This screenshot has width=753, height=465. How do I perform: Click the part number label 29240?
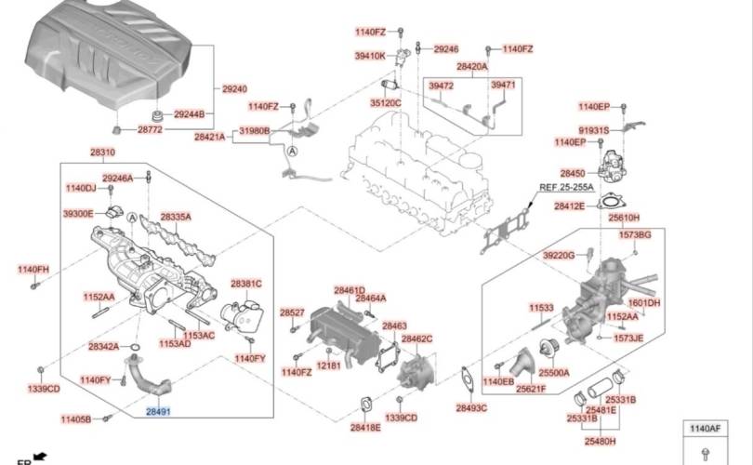[x=235, y=89]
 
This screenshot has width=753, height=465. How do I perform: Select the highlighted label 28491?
[x=158, y=408]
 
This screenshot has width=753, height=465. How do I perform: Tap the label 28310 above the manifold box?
[x=103, y=153]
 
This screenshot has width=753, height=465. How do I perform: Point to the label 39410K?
[x=370, y=56]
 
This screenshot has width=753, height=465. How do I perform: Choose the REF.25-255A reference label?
[x=566, y=187]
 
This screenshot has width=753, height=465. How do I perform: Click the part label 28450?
[x=573, y=174]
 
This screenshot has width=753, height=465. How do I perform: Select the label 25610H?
[x=624, y=218]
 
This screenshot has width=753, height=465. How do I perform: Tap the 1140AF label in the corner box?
[x=705, y=429]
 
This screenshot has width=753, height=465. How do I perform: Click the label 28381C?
[x=246, y=283]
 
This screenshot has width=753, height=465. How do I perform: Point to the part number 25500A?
[x=554, y=372]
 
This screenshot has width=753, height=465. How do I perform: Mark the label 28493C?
[x=471, y=407]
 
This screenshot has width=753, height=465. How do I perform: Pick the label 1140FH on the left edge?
[x=33, y=270]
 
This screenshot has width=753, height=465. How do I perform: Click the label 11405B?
[x=77, y=420]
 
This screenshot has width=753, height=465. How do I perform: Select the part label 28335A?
[x=176, y=217]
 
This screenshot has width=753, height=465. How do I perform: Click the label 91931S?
[x=594, y=130]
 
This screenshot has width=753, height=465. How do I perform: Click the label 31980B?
[x=255, y=131]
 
